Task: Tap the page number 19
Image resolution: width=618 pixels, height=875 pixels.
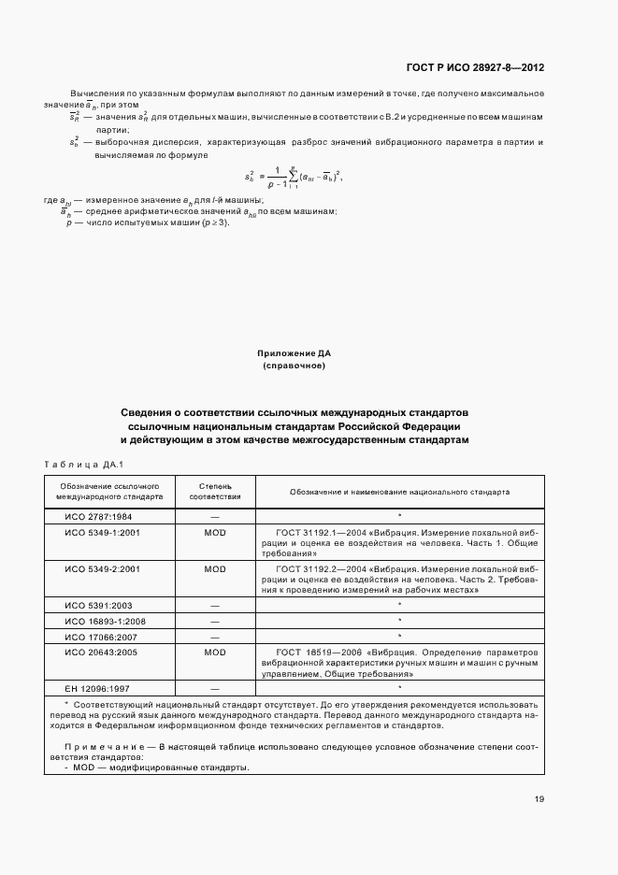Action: [x=539, y=798]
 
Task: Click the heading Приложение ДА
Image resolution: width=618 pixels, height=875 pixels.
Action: [x=294, y=353]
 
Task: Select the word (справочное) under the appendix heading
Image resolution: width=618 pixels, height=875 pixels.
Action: [x=294, y=366]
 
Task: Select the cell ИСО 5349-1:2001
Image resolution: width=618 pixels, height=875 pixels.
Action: [x=102, y=531]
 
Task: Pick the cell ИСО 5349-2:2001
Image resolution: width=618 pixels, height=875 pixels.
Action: [x=102, y=568]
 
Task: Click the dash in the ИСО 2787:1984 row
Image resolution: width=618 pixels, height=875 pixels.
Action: [x=215, y=516]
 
